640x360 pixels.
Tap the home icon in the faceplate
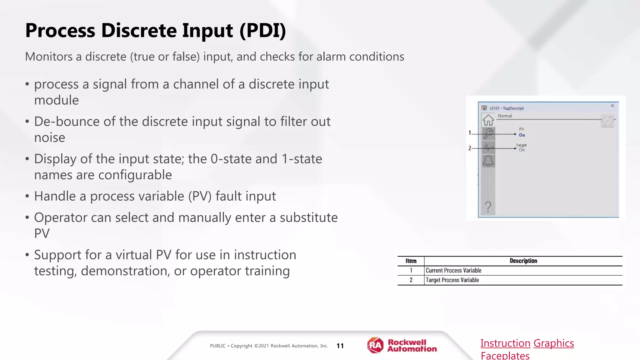(488, 120)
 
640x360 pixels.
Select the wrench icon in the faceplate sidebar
(488, 133)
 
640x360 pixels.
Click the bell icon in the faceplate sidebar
(488, 161)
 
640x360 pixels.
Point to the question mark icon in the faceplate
(488, 207)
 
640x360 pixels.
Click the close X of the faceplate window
(612, 106)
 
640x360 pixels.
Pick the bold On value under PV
(522, 135)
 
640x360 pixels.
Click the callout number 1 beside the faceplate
(470, 133)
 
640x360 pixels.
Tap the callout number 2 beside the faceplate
(470, 148)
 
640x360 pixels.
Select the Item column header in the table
(411, 261)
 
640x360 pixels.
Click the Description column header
(523, 261)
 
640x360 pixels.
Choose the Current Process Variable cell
(453, 271)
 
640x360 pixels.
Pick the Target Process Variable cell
(452, 280)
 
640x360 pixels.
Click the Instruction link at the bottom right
(505, 343)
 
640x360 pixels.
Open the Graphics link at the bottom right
(554, 343)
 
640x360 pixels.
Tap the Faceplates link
(505, 356)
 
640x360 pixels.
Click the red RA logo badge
(375, 345)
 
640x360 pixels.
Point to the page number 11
(340, 346)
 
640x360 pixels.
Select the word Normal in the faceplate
(505, 116)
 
